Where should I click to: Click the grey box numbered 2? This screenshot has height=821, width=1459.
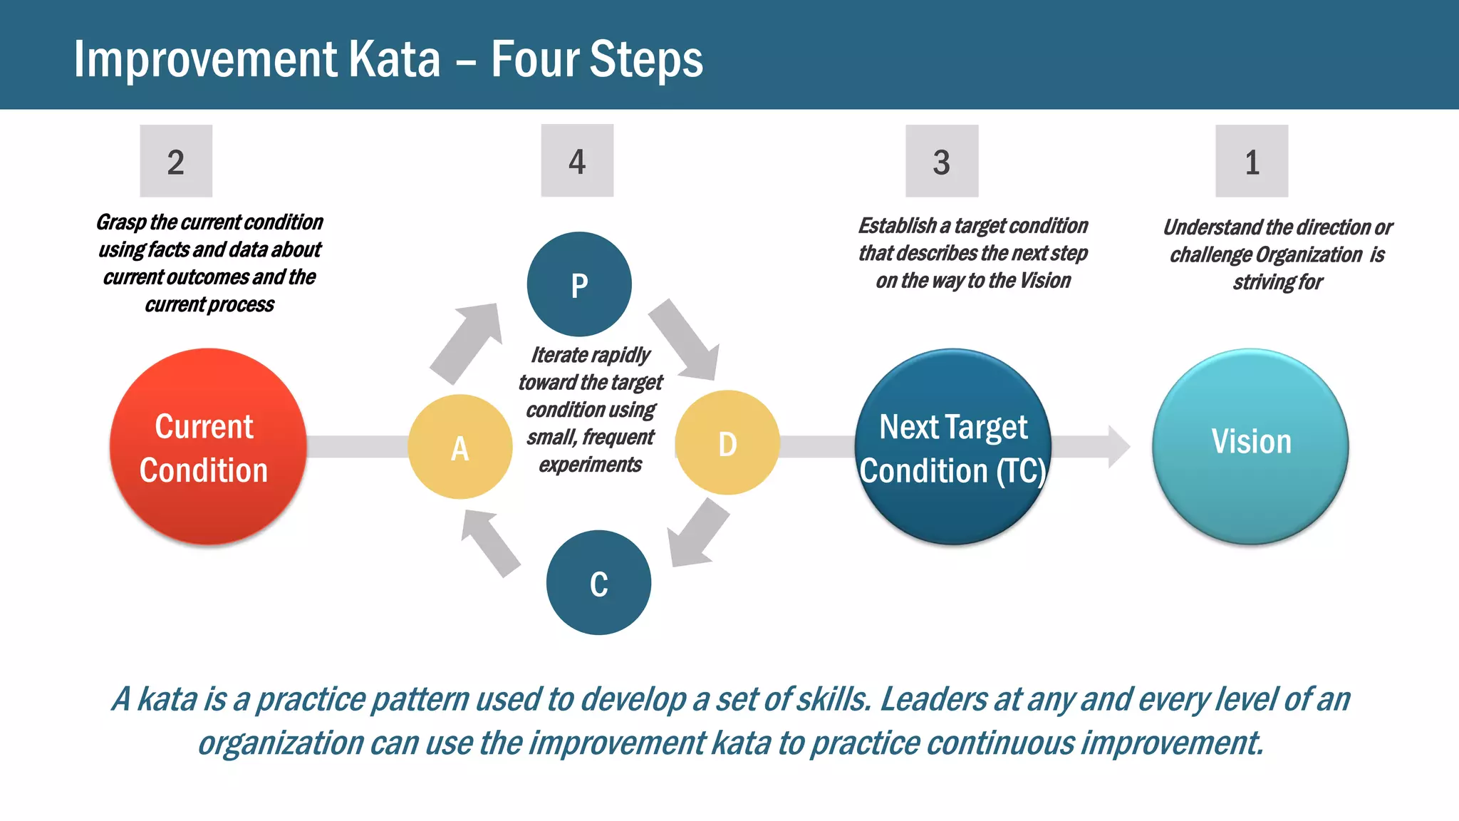click(x=176, y=161)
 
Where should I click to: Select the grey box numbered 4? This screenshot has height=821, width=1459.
click(x=577, y=160)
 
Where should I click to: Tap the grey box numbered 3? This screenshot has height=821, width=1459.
click(x=942, y=161)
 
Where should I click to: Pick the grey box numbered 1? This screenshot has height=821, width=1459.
click(x=1252, y=161)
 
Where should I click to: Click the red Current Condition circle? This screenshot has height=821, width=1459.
click(x=207, y=447)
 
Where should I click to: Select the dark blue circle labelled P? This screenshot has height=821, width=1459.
click(x=579, y=284)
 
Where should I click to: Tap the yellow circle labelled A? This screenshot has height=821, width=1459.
click(x=460, y=447)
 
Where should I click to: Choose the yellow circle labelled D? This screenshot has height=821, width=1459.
click(x=727, y=443)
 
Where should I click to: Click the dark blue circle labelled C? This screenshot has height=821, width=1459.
click(x=598, y=583)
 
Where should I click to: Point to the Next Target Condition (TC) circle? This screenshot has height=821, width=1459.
click(x=953, y=447)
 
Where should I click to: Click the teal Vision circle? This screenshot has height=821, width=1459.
click(x=1250, y=447)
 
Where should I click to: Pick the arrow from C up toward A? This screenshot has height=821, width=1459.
click(x=489, y=542)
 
